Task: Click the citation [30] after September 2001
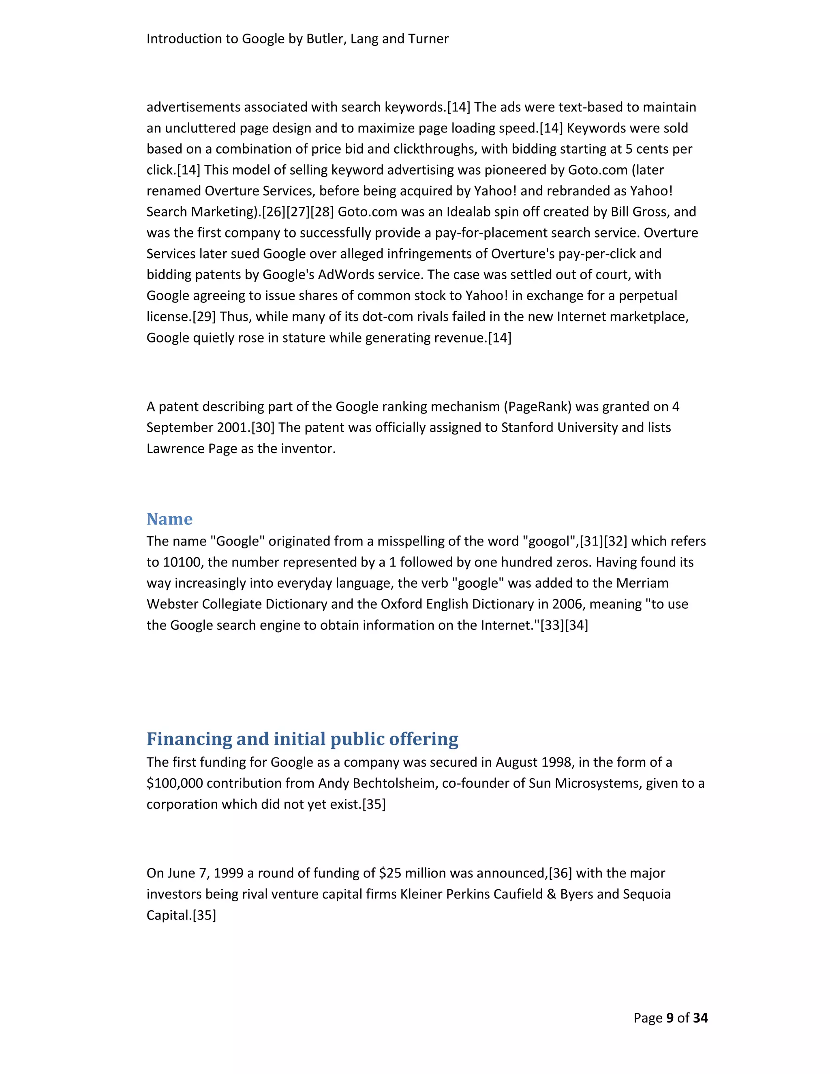point(263,427)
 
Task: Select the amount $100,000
point(175,783)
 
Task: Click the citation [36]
point(560,873)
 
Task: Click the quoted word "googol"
point(549,541)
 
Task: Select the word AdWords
point(346,274)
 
